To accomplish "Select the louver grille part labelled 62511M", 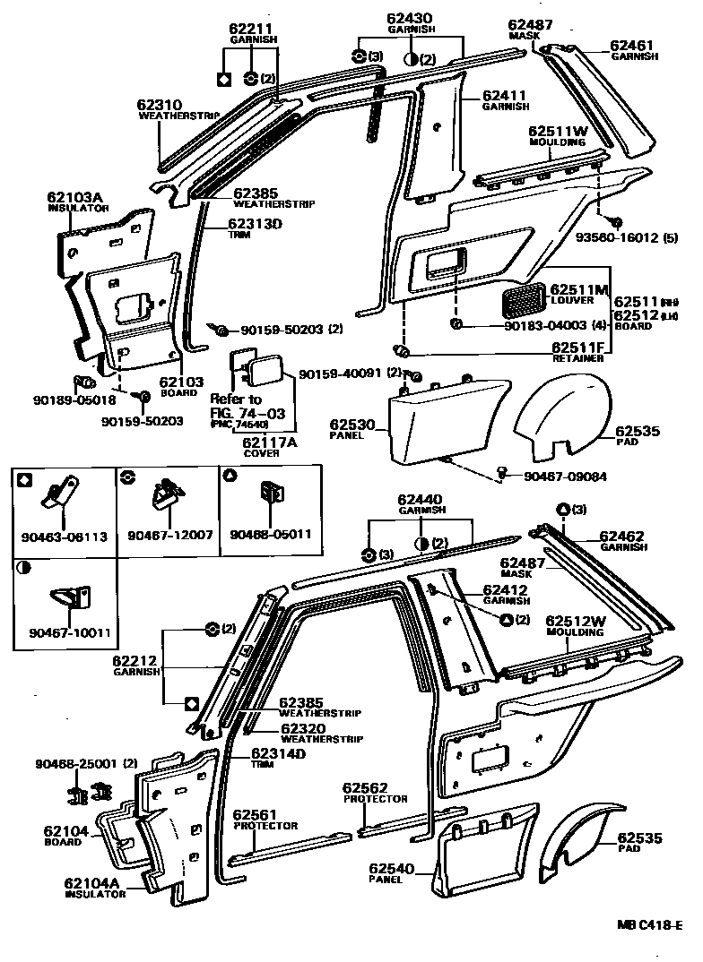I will (x=520, y=301).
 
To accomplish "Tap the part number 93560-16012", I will (x=629, y=238).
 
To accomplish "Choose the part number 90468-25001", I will (x=76, y=763).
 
